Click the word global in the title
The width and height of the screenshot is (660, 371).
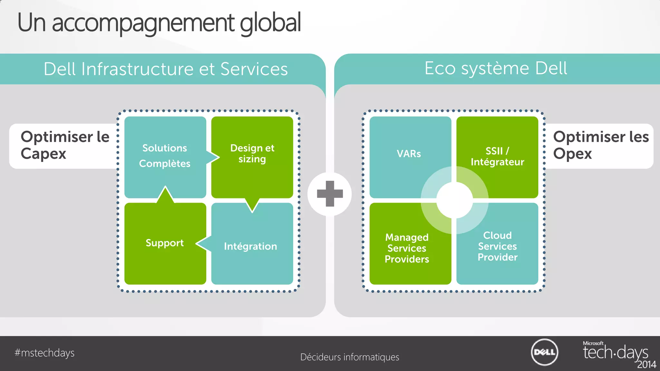pos(270,23)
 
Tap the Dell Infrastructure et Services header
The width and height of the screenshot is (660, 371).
pos(166,69)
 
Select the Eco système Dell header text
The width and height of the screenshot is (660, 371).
pos(496,68)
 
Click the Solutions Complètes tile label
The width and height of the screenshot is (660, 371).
pos(165,156)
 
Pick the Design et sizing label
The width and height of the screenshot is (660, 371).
pos(252,153)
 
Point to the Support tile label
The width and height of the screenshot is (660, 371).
pos(165,243)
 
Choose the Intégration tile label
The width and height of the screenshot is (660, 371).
pos(250,246)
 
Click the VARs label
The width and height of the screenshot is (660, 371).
pos(409,154)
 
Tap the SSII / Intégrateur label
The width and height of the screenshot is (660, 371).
pos(497,157)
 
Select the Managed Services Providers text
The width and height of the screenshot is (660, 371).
pos(407,248)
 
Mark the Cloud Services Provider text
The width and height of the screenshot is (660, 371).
pos(497,246)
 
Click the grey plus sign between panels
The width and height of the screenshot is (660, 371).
pos(330,194)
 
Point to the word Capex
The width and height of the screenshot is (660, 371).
pos(44,154)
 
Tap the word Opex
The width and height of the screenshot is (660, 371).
pos(572,154)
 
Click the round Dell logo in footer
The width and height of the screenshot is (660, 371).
pos(544,352)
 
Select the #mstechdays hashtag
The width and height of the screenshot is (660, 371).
pos(44,353)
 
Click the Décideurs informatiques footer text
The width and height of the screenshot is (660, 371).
pos(350,357)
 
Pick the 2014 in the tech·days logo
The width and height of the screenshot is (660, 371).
pos(646,365)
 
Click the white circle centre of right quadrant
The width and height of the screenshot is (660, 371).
pos(454,200)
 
